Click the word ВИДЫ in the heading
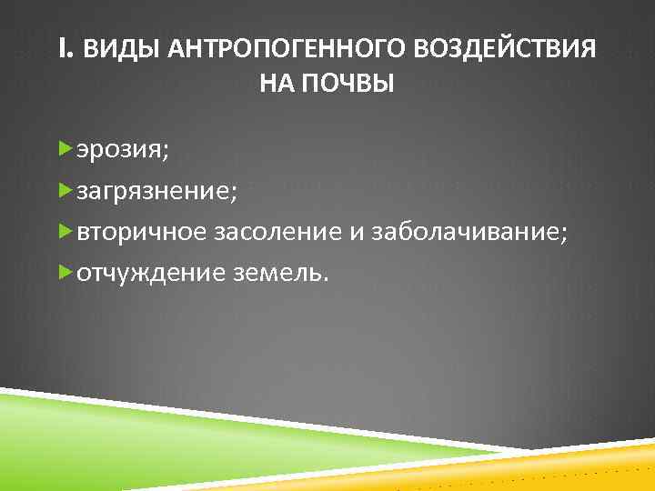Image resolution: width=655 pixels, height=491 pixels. (x=111, y=49)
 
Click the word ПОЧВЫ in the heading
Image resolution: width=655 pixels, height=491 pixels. (x=349, y=85)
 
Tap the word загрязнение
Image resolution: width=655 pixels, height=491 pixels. (x=156, y=191)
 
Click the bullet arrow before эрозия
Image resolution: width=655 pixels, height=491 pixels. (x=64, y=148)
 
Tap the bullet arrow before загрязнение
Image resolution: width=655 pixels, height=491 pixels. (x=64, y=189)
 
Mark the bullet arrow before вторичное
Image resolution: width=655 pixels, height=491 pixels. (x=64, y=231)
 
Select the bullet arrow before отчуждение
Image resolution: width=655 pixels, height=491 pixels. (x=64, y=272)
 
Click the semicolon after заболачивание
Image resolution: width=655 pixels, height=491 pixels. (x=569, y=235)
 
